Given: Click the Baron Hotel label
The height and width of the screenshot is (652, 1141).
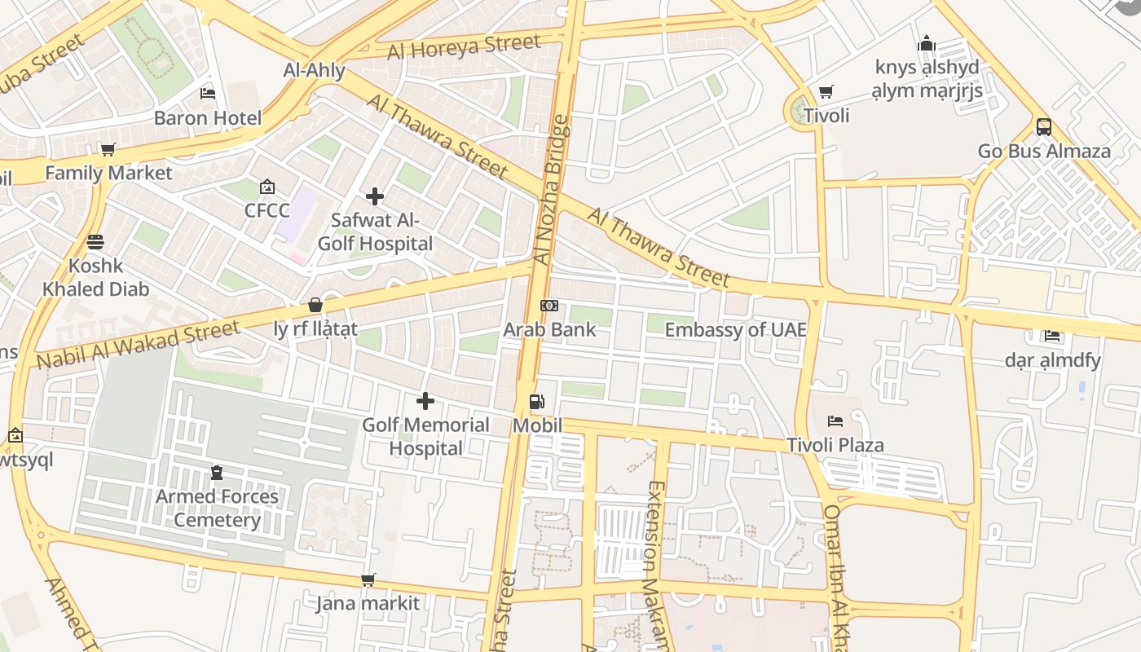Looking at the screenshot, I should click(x=208, y=118).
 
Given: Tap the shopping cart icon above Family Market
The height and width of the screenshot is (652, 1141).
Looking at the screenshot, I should click(x=108, y=149).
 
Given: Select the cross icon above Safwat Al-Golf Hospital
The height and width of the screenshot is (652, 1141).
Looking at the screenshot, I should click(x=375, y=196).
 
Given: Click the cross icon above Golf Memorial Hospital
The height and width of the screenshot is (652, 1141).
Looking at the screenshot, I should click(x=425, y=401).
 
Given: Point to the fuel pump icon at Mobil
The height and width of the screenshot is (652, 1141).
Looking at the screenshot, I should click(x=536, y=402).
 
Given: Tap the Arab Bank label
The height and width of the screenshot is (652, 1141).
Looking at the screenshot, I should click(x=549, y=330).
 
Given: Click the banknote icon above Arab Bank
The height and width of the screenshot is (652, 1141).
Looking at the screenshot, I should click(x=549, y=306).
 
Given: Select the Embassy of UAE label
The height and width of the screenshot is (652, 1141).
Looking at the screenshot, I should click(x=735, y=330).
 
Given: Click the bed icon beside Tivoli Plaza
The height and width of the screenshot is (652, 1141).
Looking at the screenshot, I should click(x=835, y=421).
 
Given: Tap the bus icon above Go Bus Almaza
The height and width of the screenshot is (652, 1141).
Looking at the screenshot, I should click(x=1044, y=127).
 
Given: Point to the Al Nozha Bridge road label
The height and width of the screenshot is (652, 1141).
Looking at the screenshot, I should click(x=553, y=191).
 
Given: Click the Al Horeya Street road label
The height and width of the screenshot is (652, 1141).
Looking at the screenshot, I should click(x=464, y=47).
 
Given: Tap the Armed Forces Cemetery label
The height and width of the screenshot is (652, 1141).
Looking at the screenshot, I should click(x=217, y=508).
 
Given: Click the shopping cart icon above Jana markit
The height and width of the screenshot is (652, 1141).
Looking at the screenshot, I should click(x=368, y=579).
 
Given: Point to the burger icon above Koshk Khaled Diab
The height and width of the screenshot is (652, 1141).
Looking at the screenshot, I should click(x=95, y=242).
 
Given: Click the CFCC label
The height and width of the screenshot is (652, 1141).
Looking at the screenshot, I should click(x=267, y=211).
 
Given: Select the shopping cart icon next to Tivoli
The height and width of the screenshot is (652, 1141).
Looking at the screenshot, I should click(x=826, y=91).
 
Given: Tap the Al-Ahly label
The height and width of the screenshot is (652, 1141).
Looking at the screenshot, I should click(x=314, y=71).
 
